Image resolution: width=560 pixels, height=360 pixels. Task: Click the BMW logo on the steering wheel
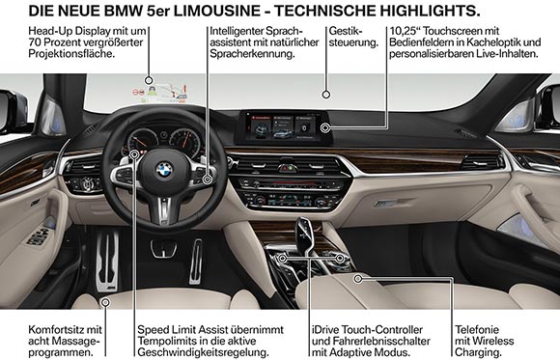coord(165,171)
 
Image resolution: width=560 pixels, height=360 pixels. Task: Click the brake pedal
coord(164,248)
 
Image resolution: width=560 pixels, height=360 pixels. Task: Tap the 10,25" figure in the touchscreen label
coord(404,31)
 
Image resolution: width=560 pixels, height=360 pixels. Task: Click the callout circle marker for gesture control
coord(326,95)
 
